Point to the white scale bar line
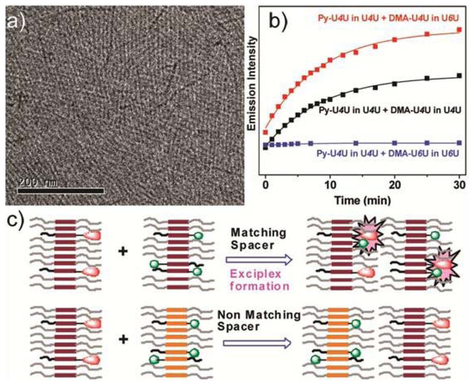tap(61, 190)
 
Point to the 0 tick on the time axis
tap(265, 190)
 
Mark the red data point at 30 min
tap(459, 30)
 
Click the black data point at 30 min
tap(459, 75)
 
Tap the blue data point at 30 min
tap(459, 143)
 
